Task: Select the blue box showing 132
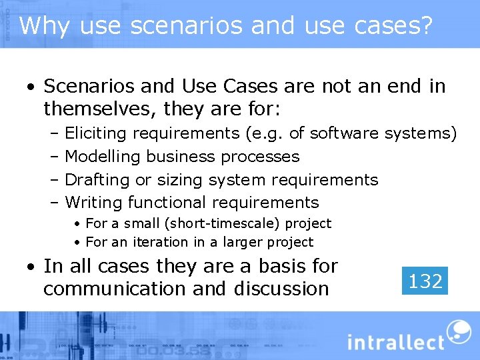pyautogui.click(x=425, y=281)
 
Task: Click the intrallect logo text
pyautogui.click(x=395, y=341)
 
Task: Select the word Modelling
pyautogui.click(x=103, y=157)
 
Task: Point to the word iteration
pyautogui.click(x=159, y=243)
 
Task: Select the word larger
pyautogui.click(x=249, y=243)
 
